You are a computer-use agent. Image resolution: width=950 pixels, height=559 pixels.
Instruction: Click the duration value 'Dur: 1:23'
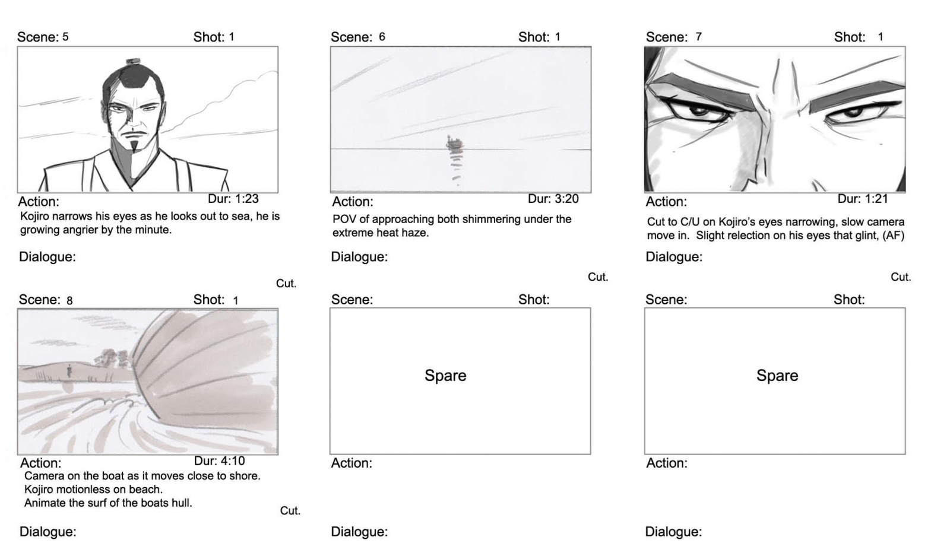click(233, 199)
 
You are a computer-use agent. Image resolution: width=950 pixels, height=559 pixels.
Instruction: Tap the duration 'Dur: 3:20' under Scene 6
click(553, 199)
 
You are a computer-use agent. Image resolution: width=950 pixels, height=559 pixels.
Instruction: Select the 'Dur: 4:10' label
click(219, 460)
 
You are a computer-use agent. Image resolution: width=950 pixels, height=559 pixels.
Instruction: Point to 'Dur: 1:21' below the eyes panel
click(863, 199)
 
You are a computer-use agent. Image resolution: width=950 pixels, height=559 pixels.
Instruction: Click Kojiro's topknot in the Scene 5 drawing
click(133, 62)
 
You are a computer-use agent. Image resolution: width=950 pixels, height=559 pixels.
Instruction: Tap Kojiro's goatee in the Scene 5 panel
click(134, 147)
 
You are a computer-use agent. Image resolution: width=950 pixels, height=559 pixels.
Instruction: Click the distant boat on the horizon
click(455, 143)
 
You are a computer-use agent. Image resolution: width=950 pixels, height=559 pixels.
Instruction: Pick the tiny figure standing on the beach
click(69, 371)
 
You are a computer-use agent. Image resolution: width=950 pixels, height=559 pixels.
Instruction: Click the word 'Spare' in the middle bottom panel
click(445, 376)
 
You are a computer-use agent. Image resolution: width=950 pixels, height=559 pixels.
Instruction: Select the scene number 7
click(698, 37)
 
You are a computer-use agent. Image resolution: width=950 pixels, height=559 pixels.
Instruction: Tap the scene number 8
click(69, 300)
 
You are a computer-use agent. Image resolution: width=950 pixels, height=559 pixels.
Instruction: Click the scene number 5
click(65, 37)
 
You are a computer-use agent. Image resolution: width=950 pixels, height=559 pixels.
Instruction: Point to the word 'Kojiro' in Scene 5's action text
click(35, 216)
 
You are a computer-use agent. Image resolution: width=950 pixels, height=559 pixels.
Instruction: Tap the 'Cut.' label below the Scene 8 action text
click(290, 511)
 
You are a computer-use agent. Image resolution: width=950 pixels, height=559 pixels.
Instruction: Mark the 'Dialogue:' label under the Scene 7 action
click(674, 257)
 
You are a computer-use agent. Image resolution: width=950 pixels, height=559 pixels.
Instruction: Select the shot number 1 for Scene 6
click(558, 37)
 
